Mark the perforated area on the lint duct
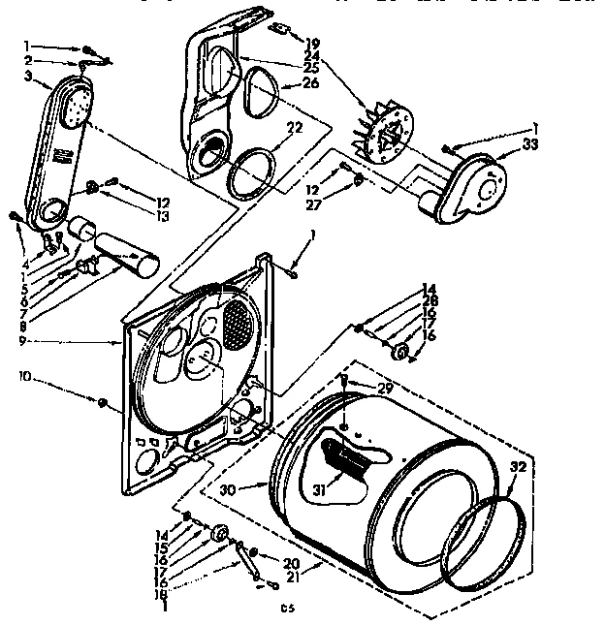click(x=72, y=108)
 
